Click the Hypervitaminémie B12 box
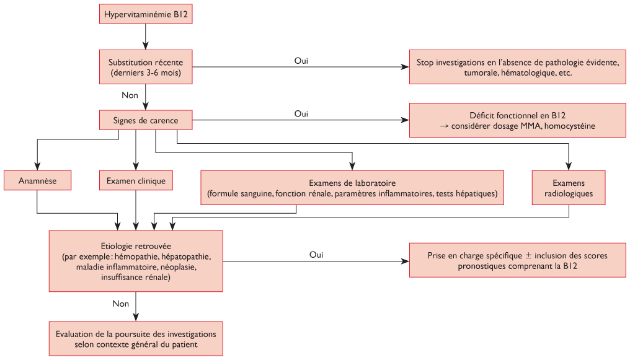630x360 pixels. (x=146, y=14)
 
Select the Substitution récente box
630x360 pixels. (x=146, y=67)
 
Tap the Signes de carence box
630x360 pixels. (x=146, y=120)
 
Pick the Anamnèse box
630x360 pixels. (x=37, y=180)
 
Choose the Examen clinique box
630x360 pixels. (x=136, y=180)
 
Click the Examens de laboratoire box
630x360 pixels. (x=352, y=188)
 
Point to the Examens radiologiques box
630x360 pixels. (x=568, y=188)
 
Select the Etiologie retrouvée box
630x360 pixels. (x=136, y=261)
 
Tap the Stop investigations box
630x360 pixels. (x=517, y=67)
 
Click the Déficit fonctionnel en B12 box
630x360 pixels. (x=517, y=120)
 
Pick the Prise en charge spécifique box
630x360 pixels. (x=517, y=261)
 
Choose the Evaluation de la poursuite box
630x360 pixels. (x=136, y=338)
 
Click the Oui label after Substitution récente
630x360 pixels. (x=301, y=61)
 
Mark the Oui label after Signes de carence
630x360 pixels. (x=301, y=114)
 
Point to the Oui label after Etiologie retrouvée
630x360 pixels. (x=316, y=255)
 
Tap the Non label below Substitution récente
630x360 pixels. (x=130, y=95)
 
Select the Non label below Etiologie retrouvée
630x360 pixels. (x=121, y=304)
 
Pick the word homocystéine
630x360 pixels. (x=571, y=126)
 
